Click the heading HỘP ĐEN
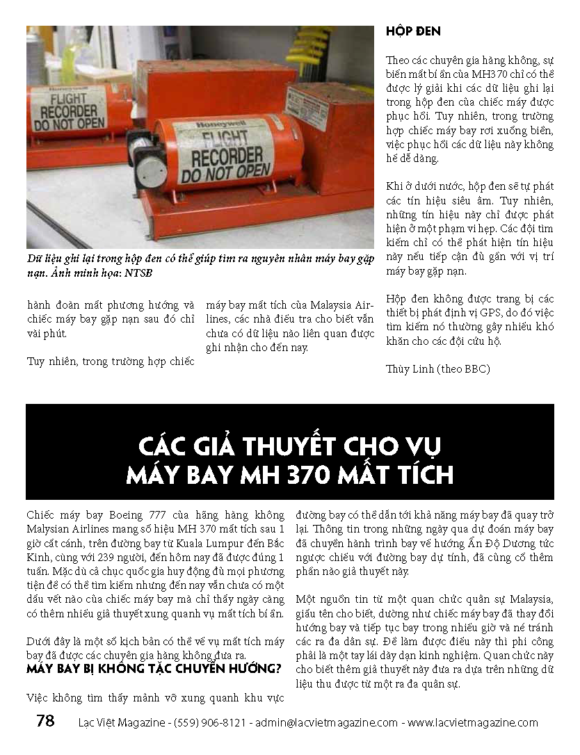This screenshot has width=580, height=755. click(413, 31)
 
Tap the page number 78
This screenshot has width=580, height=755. click(45, 721)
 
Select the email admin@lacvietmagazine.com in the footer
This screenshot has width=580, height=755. click(327, 722)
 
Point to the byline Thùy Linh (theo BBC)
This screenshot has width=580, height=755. click(438, 368)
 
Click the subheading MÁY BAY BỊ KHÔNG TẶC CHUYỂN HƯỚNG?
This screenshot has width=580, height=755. click(154, 669)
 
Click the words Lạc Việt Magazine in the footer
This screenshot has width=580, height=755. click(120, 722)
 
